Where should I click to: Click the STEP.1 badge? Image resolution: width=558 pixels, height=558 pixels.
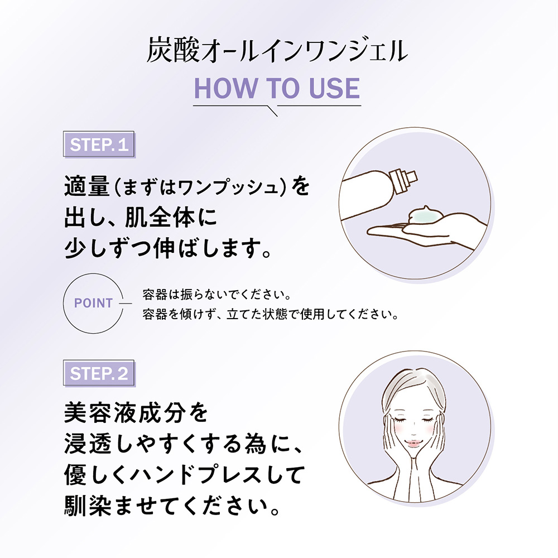pos(99,144)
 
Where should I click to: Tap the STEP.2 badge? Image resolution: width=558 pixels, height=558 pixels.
pos(99,373)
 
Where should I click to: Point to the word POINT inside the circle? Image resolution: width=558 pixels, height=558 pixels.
pos(93,303)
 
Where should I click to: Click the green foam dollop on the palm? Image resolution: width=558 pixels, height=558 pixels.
pos(426,215)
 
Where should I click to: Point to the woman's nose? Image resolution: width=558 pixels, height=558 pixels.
pos(413,430)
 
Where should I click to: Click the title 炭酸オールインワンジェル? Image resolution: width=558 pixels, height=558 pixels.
pos(277,51)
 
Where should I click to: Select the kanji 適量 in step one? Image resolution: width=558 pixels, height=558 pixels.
pos(86,186)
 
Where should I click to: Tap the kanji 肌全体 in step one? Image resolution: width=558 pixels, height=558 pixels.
pos(160,217)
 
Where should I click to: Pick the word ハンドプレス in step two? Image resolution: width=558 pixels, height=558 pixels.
pos(195,475)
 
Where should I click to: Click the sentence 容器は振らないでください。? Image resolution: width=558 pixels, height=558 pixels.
pos(218,295)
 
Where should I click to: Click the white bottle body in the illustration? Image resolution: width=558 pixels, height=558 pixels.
pos(367,195)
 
